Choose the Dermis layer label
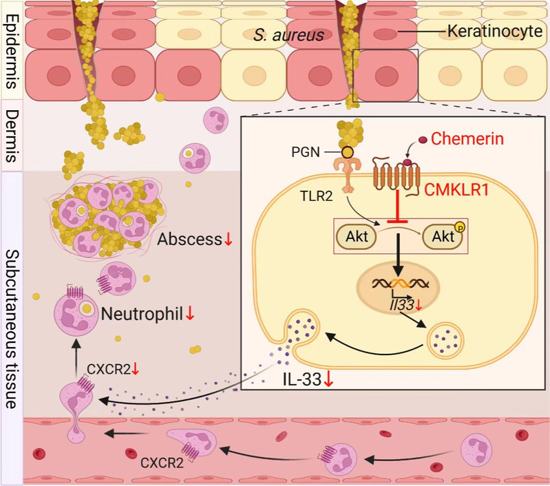pyautogui.click(x=12, y=134)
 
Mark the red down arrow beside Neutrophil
pyautogui.click(x=190, y=314)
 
